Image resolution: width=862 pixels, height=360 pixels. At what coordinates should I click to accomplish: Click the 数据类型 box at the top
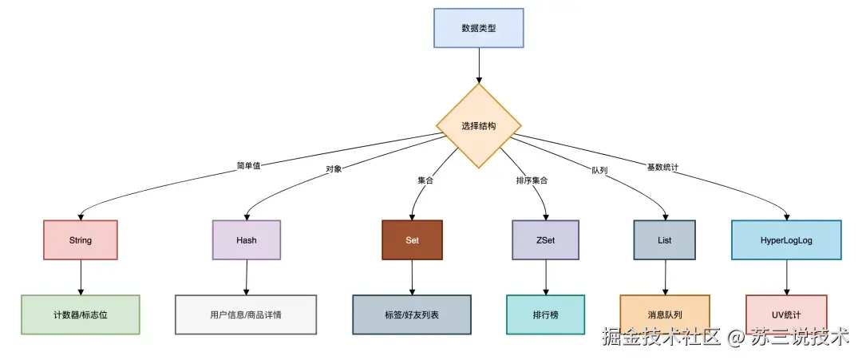478,28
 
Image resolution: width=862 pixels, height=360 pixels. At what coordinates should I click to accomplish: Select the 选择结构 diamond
478,126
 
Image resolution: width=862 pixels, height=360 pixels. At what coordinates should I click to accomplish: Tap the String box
80,239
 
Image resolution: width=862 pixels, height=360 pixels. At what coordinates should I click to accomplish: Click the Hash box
246,239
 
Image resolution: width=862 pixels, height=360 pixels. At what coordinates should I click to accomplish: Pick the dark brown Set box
412,239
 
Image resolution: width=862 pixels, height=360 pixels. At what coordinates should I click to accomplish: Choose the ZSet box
545,239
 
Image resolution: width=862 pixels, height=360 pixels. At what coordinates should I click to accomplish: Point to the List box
665,239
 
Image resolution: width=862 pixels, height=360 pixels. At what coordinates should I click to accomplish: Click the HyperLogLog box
787,239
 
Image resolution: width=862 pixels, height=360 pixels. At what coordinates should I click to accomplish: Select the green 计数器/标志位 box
80,315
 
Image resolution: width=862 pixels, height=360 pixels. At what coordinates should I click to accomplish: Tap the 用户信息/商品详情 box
246,315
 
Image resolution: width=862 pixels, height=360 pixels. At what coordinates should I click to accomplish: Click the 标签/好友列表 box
412,315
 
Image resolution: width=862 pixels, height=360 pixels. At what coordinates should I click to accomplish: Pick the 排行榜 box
545,315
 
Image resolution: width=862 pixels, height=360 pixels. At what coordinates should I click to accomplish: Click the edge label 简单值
248,166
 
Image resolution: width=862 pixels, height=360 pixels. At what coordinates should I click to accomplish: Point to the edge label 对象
334,169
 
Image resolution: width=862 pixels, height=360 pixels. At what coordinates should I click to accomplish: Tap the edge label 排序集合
532,180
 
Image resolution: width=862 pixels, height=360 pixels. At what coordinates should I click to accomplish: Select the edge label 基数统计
662,167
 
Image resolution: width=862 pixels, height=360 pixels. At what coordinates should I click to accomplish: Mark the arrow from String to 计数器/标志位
80,277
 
